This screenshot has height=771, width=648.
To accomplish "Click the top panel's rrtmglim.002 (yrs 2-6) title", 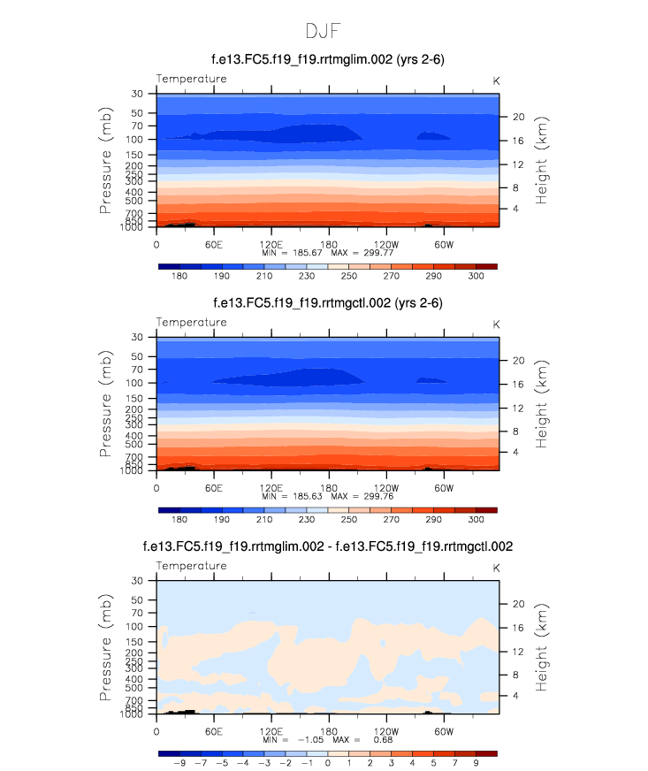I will pyautogui.click(x=327, y=59).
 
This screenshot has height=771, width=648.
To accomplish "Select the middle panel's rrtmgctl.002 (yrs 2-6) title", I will pyautogui.click(x=327, y=303).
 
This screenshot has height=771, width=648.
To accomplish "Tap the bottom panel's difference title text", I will pyautogui.click(x=327, y=547).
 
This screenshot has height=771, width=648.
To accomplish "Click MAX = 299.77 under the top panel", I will pyautogui.click(x=362, y=253).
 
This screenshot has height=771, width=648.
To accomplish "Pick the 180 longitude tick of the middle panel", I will pyautogui.click(x=328, y=488).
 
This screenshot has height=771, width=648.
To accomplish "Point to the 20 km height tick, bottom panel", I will pyautogui.click(x=518, y=604).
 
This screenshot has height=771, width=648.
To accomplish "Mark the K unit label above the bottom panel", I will pyautogui.click(x=496, y=566).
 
